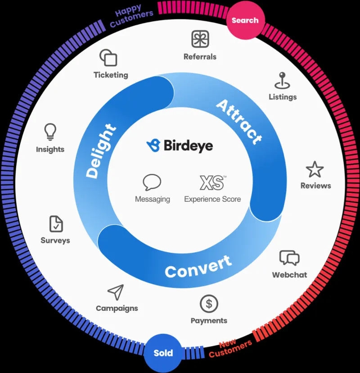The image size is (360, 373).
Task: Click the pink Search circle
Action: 245,20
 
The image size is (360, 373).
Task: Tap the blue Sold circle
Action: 163,353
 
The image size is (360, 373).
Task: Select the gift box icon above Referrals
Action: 200,39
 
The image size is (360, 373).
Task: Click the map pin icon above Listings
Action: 282,80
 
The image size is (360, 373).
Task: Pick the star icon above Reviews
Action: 315,169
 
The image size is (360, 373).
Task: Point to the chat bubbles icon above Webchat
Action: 289,258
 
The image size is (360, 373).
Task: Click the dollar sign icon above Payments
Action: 209,304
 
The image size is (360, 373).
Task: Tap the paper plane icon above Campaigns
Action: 116,292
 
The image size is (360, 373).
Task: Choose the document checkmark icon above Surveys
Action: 56,224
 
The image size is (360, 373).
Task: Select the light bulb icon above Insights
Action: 50,132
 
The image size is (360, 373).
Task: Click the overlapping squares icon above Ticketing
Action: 108,58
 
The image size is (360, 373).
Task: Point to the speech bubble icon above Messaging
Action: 152,182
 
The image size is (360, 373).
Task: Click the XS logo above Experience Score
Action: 212,183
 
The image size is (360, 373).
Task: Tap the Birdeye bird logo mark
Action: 153,145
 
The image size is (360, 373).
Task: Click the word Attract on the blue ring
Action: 239,122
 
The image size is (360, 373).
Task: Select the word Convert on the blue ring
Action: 198,267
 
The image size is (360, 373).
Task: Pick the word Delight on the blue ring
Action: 101,151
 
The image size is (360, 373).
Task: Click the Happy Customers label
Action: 131,15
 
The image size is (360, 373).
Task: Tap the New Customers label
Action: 230,349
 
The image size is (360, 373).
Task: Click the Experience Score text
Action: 212,199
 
